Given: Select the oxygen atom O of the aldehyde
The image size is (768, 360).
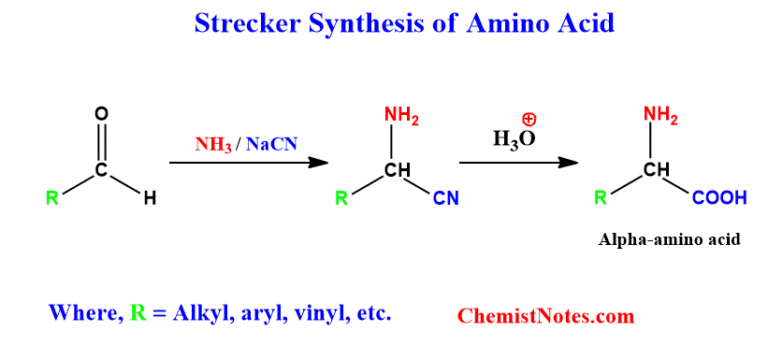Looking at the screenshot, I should point(101,114).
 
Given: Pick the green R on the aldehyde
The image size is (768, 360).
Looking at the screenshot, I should point(53,199).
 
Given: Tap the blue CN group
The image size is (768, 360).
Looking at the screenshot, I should point(446,199).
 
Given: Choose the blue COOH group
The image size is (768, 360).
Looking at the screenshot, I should point(719,198).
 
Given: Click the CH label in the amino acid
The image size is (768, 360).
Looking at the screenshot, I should point(656,169).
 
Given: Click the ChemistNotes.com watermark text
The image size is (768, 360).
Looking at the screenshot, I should point(546,316).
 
